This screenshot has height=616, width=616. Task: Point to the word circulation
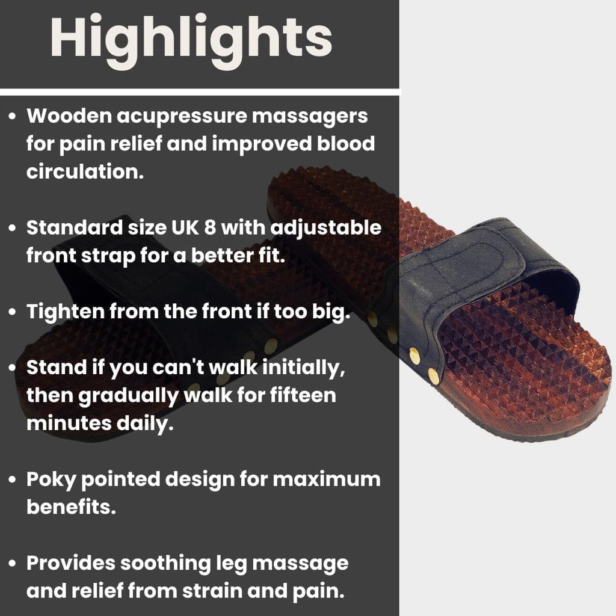pyautogui.click(x=85, y=171)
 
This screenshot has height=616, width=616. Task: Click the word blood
pyautogui.click(x=346, y=143)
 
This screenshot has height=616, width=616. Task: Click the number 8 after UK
pyautogui.click(x=210, y=227)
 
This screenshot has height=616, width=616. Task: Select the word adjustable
pyautogui.click(x=326, y=229)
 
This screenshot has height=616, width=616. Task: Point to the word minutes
pyautogui.click(x=69, y=423)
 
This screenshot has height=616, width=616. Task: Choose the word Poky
pyautogui.click(x=51, y=480)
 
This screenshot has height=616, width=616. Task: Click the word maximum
pyautogui.click(x=327, y=479)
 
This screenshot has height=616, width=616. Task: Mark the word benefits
pyautogui.click(x=71, y=507)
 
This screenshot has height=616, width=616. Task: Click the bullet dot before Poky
pyautogui.click(x=13, y=479)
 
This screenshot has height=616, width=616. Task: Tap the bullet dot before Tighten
pyautogui.click(x=13, y=312)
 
